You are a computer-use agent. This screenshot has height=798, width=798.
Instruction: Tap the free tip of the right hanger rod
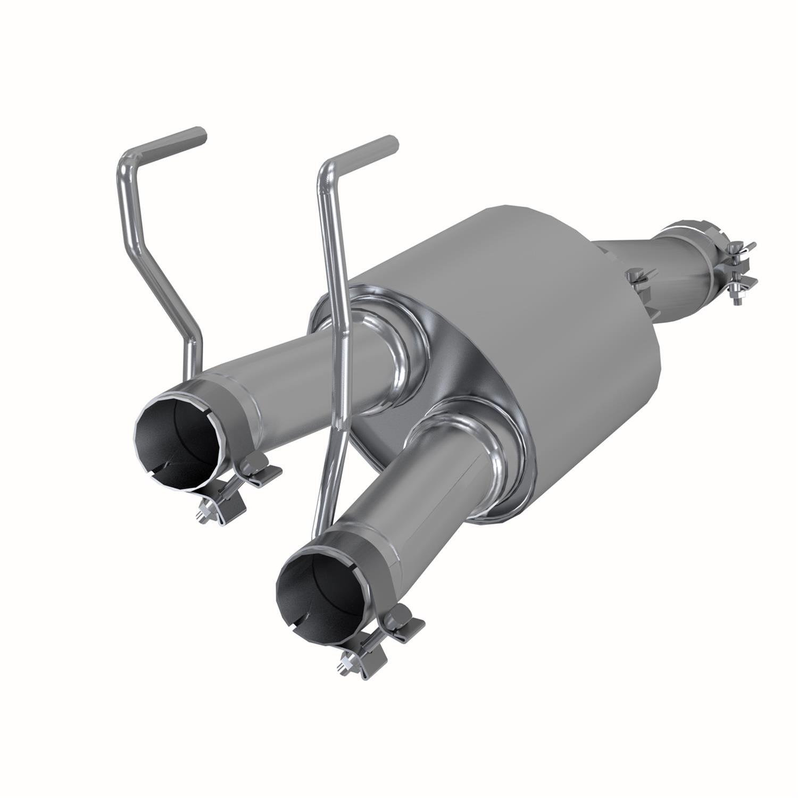click(x=392, y=143)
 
